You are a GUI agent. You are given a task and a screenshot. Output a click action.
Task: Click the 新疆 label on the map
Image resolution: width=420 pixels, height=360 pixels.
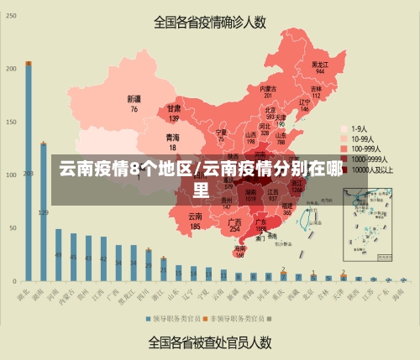[x=134, y=98]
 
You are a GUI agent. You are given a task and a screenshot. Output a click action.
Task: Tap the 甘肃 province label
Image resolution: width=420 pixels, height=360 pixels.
[x=174, y=109]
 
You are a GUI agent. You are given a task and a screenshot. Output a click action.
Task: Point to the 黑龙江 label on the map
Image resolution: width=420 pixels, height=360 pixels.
[x=319, y=64]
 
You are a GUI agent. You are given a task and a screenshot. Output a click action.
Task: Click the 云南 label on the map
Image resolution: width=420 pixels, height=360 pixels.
[x=195, y=217]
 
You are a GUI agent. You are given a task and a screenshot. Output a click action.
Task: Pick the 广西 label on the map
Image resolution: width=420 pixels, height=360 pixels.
[x=235, y=222]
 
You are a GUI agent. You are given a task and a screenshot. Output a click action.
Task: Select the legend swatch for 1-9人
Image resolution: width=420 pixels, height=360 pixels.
[x=344, y=129]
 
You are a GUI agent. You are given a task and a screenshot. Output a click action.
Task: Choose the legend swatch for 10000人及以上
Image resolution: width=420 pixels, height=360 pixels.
[x=344, y=169]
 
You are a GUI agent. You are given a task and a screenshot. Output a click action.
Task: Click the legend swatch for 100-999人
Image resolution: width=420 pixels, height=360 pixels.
[x=344, y=149]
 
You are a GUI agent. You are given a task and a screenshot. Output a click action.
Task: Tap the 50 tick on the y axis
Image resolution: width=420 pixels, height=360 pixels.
[x=12, y=227]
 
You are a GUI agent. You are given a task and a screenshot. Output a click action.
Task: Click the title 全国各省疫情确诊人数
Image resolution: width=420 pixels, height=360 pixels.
[x=209, y=22]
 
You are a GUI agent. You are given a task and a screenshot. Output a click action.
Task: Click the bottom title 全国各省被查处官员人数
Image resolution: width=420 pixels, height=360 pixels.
[x=209, y=342]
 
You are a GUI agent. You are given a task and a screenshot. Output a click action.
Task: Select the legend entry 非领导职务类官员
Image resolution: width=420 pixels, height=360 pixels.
[x=236, y=319]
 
